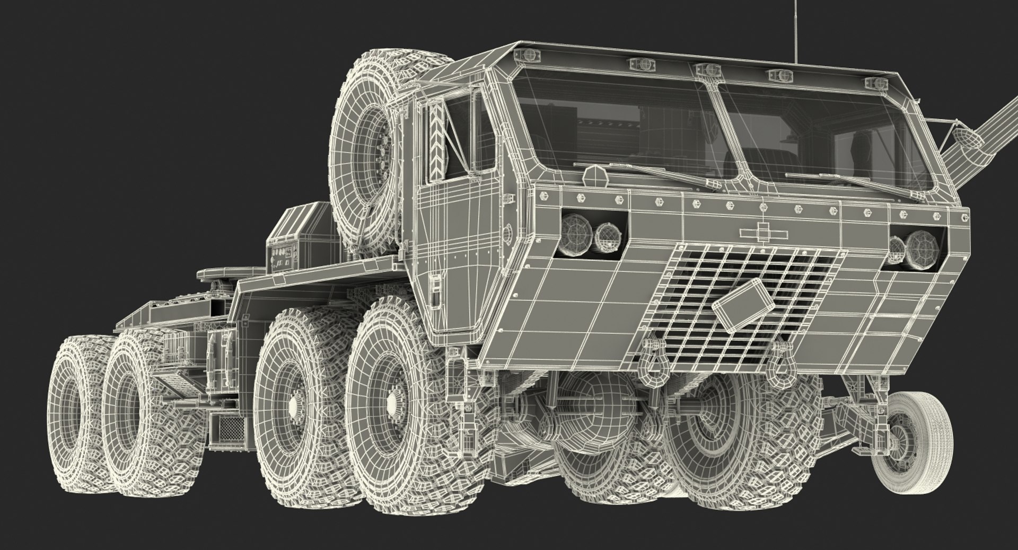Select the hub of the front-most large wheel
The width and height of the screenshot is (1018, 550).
392,406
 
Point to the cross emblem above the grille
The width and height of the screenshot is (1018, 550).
762,232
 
